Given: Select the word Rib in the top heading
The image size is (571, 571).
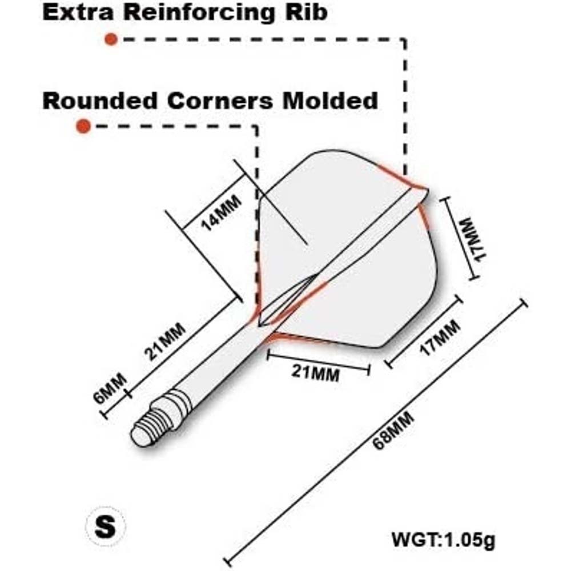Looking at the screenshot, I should click(x=308, y=13).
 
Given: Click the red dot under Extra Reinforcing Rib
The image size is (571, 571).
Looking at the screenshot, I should click(x=111, y=39).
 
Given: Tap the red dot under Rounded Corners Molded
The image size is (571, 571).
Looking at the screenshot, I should click(x=84, y=126).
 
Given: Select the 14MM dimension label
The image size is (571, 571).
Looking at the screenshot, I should click(x=220, y=212).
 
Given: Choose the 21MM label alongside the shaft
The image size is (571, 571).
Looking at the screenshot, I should click(x=165, y=341).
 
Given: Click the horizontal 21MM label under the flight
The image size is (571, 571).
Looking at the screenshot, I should click(x=315, y=373).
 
